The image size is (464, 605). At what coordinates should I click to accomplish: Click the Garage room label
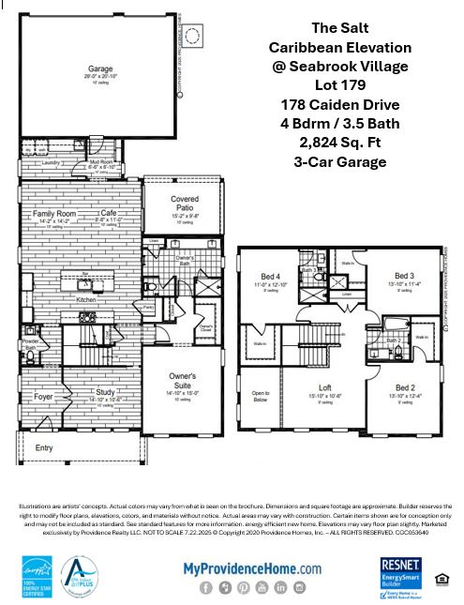tap(100, 68)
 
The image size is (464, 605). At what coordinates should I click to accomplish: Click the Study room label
tap(105, 393)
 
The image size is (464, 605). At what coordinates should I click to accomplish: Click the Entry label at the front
tap(45, 448)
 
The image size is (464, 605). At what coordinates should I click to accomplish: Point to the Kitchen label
tap(85, 300)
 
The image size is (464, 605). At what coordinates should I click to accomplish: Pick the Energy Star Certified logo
tap(35, 575)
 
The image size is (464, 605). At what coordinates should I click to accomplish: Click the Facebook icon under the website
tap(205, 587)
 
